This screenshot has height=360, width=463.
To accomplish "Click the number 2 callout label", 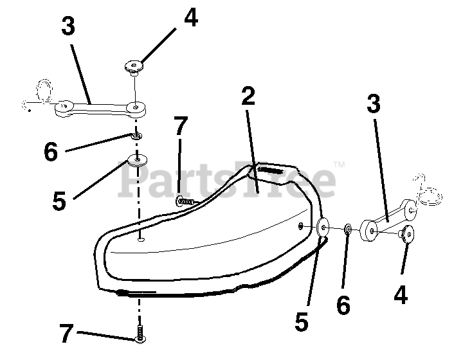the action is tap(248, 96).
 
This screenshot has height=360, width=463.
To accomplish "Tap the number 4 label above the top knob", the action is tap(191, 18).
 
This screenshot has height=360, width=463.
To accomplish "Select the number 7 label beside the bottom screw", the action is tap(66, 334).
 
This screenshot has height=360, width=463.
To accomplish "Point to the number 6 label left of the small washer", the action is tap(51, 152).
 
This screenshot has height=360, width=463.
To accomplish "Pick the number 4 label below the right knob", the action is tap(400, 294).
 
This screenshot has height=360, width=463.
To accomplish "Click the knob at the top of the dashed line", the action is tap(134, 65).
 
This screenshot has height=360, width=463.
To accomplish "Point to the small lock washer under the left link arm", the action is tap(136, 136).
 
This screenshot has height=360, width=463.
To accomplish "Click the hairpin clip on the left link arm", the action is tap(43, 92).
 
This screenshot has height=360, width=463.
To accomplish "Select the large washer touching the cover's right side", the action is tap(323, 226).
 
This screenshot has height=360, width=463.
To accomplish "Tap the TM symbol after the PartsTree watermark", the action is tap(340, 165).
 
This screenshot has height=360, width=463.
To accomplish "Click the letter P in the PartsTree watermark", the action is tap(132, 183).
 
